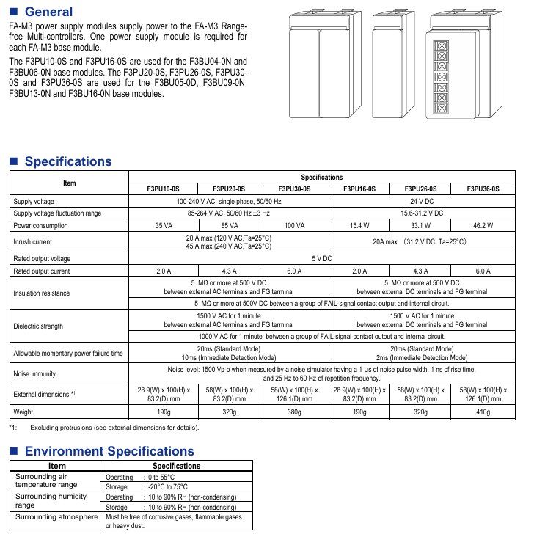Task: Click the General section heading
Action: (48, 12)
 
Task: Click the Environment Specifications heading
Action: (109, 451)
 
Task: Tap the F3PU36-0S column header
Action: (483, 189)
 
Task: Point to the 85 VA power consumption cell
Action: (229, 226)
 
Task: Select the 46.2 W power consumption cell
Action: (483, 226)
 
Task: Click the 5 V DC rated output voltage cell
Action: (321, 259)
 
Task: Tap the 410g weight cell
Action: (483, 412)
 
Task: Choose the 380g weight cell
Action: (293, 412)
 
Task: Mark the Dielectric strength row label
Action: (38, 326)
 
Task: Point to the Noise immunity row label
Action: (34, 374)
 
